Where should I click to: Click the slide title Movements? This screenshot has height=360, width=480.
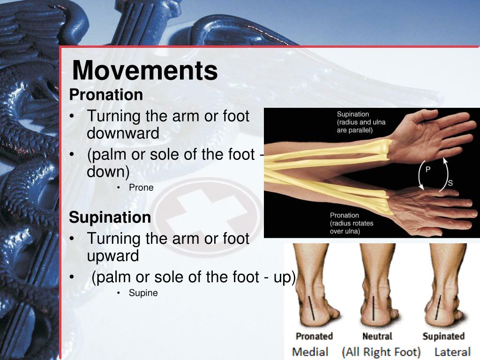pyautogui.click(x=145, y=71)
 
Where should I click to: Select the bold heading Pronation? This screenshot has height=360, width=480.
pyautogui.click(x=106, y=95)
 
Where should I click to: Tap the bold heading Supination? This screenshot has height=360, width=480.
pyautogui.click(x=110, y=217)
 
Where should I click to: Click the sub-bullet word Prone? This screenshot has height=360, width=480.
pyautogui.click(x=141, y=187)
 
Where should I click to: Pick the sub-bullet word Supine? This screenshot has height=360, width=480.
pyautogui.click(x=143, y=293)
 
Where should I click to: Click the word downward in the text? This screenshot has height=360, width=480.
pyautogui.click(x=123, y=134)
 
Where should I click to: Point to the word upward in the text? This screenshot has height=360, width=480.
pyautogui.click(x=113, y=256)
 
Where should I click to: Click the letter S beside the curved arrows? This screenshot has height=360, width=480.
pyautogui.click(x=450, y=183)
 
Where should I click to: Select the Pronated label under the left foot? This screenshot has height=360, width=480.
pyautogui.click(x=314, y=336)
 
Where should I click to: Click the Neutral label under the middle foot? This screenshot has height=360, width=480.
pyautogui.click(x=377, y=336)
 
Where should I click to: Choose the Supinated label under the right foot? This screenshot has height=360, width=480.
pyautogui.click(x=443, y=336)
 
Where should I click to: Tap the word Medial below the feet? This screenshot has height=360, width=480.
pyautogui.click(x=310, y=352)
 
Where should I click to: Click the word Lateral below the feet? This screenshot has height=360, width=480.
pyautogui.click(x=452, y=352)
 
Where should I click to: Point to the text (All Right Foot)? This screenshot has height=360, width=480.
pyautogui.click(x=381, y=352)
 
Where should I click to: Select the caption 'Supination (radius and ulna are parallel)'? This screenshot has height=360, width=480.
pyautogui.click(x=354, y=122)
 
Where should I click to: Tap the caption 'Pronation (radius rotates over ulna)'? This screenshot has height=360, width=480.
pyautogui.click(x=352, y=223)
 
